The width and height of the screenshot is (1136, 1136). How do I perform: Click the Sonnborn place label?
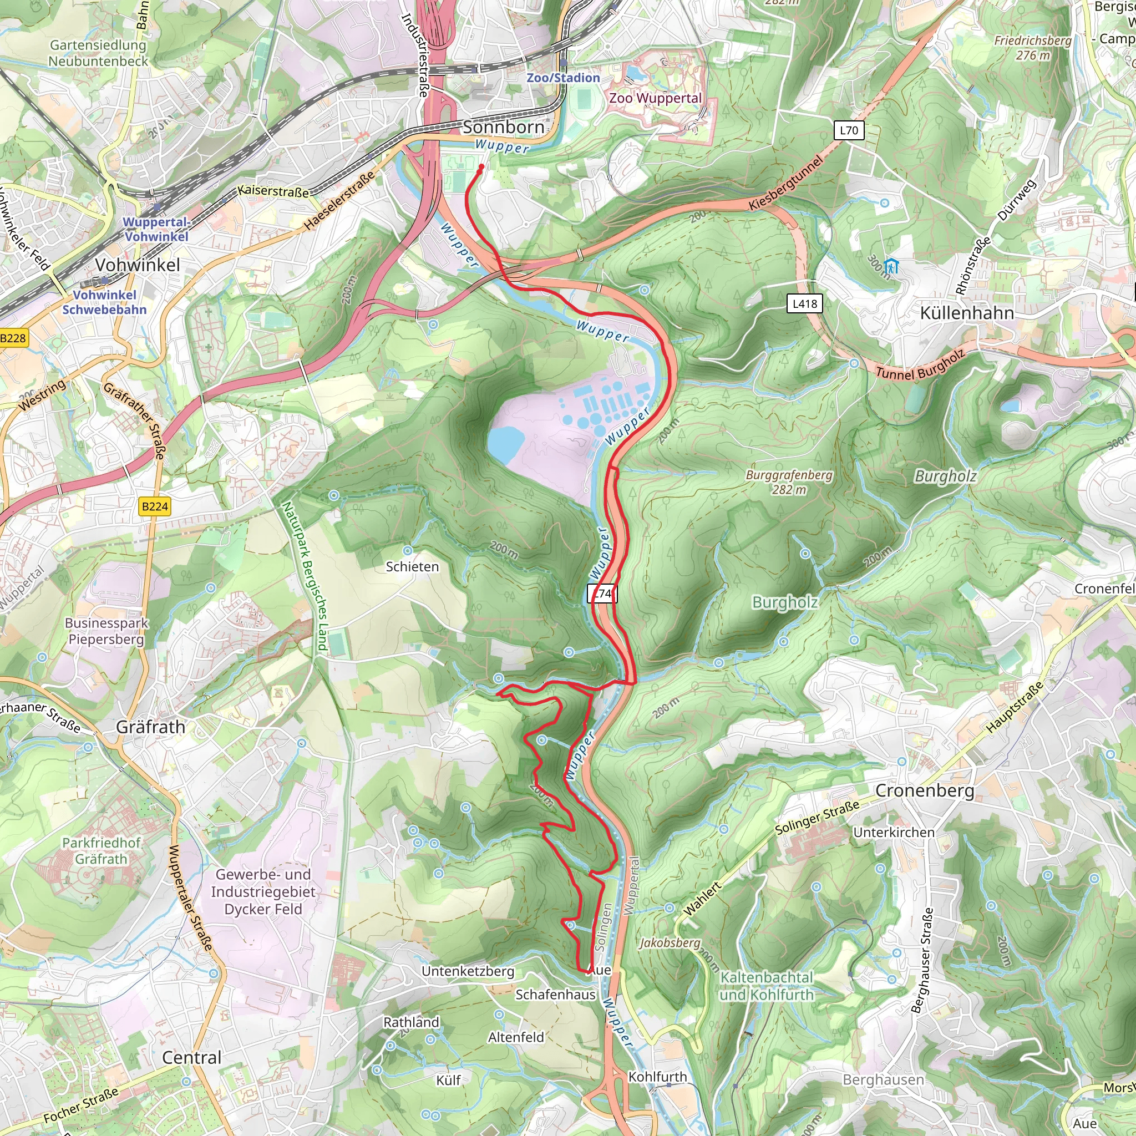[x=503, y=127]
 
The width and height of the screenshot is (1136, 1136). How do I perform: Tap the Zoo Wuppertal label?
[x=655, y=98]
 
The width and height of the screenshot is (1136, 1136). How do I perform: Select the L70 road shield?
[x=849, y=130]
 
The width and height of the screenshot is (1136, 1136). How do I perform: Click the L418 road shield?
[x=804, y=304]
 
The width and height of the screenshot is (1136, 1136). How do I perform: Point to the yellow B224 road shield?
[x=155, y=506]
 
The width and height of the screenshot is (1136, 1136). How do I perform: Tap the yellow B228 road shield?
[x=13, y=338]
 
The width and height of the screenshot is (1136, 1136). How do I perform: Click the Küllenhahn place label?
[x=967, y=313]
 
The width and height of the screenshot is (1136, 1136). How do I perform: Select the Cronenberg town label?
[x=924, y=790]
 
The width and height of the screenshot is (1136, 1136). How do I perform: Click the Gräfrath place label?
[x=150, y=727]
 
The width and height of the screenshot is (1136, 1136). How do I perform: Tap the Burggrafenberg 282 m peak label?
[x=789, y=482]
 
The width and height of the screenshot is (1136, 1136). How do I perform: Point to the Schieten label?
[x=412, y=567]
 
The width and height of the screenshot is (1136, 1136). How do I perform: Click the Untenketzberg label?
[x=468, y=971]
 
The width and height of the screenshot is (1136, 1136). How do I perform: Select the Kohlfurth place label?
[x=657, y=1077]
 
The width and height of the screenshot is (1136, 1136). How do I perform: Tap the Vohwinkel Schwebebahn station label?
[x=105, y=302]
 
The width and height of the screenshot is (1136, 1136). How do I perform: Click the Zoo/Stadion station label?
[x=564, y=78]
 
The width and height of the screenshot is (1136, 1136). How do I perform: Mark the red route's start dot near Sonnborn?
[x=481, y=167]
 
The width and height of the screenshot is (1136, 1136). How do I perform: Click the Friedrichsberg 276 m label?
[x=1032, y=48]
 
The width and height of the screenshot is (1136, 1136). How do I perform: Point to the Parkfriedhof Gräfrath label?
[x=101, y=851]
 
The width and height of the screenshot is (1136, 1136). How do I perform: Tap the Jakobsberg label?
[x=670, y=943]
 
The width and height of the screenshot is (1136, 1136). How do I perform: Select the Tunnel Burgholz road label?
[x=920, y=364]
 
